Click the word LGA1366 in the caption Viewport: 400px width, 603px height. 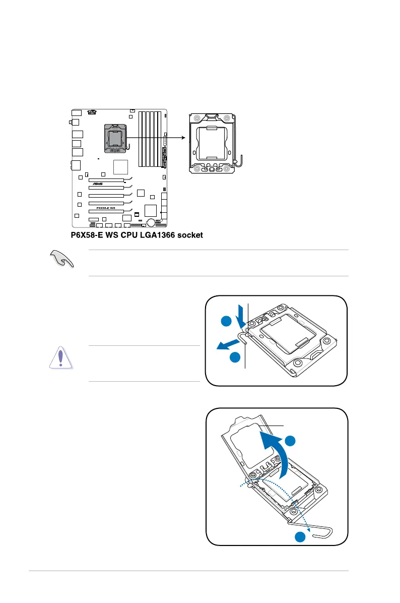click(152, 235)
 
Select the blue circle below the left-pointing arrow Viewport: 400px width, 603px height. click(235, 357)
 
